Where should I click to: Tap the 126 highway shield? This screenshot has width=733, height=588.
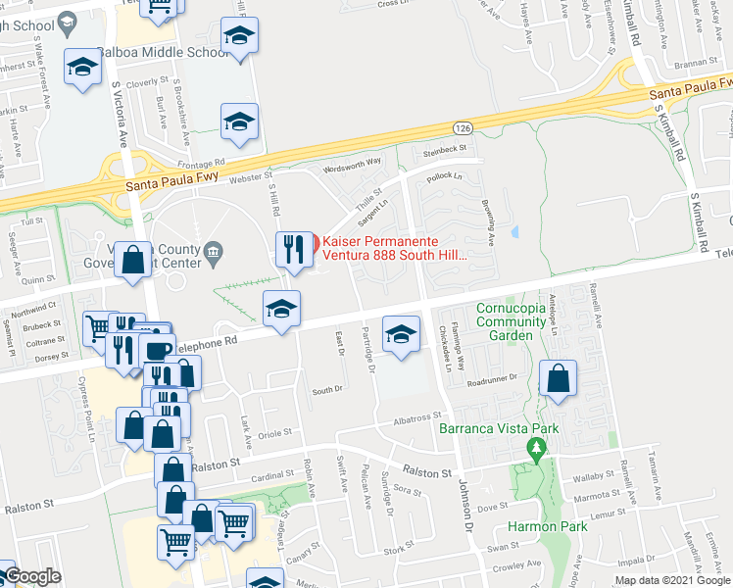(x=463, y=127)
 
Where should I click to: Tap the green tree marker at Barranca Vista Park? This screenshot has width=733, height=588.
(x=535, y=449)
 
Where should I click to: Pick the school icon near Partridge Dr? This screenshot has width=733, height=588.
(x=400, y=334)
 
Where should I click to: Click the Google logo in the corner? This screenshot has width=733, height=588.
(x=32, y=577)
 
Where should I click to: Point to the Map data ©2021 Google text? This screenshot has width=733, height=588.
(x=673, y=580)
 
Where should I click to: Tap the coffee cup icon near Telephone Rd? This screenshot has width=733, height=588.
(x=156, y=350)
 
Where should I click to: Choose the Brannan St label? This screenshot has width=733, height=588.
(x=696, y=62)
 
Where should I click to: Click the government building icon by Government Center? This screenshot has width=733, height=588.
(x=212, y=255)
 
